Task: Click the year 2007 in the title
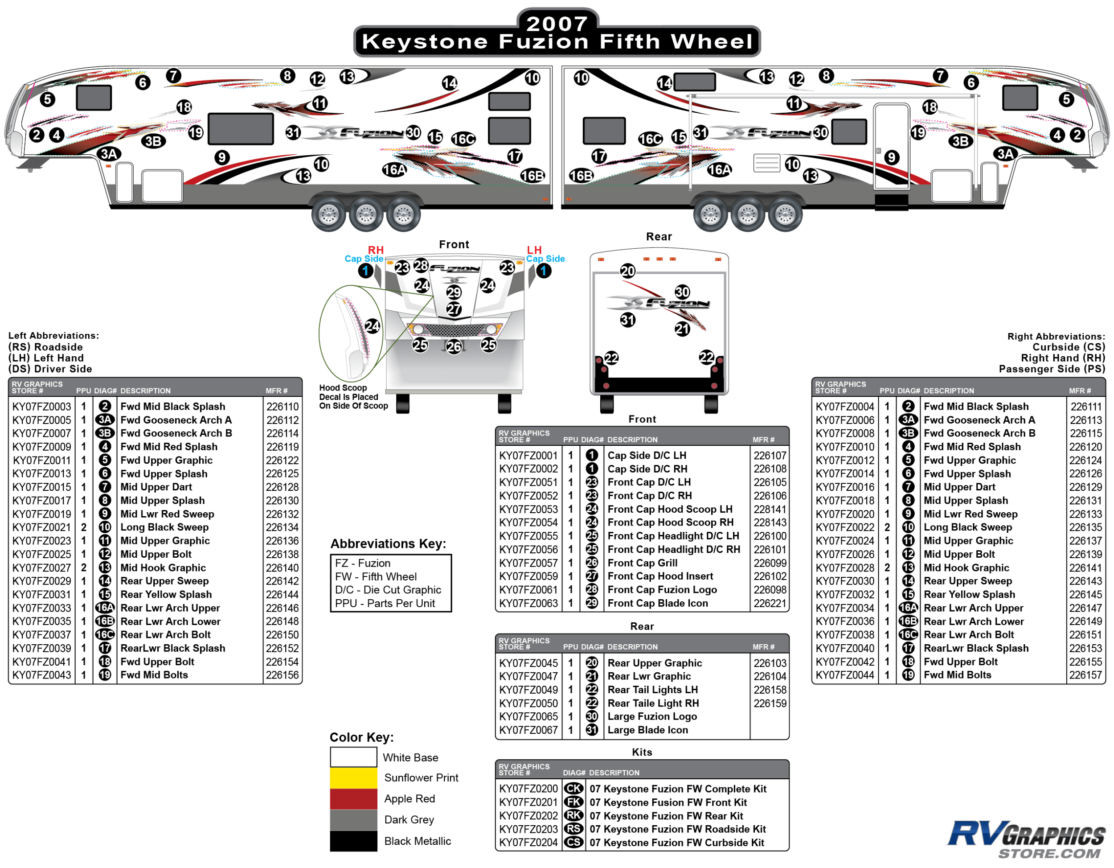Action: pos(557,24)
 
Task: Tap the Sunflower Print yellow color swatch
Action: pos(353,777)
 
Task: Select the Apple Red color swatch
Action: pos(353,798)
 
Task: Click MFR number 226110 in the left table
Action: pos(282,407)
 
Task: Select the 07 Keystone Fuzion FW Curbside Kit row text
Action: pos(676,843)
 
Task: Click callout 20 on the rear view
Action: pos(627,271)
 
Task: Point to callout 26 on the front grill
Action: pos(454,347)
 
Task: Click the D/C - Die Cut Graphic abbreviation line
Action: pos(388,590)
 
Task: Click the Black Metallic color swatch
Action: pos(353,841)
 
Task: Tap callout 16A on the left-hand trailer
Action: pos(394,169)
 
